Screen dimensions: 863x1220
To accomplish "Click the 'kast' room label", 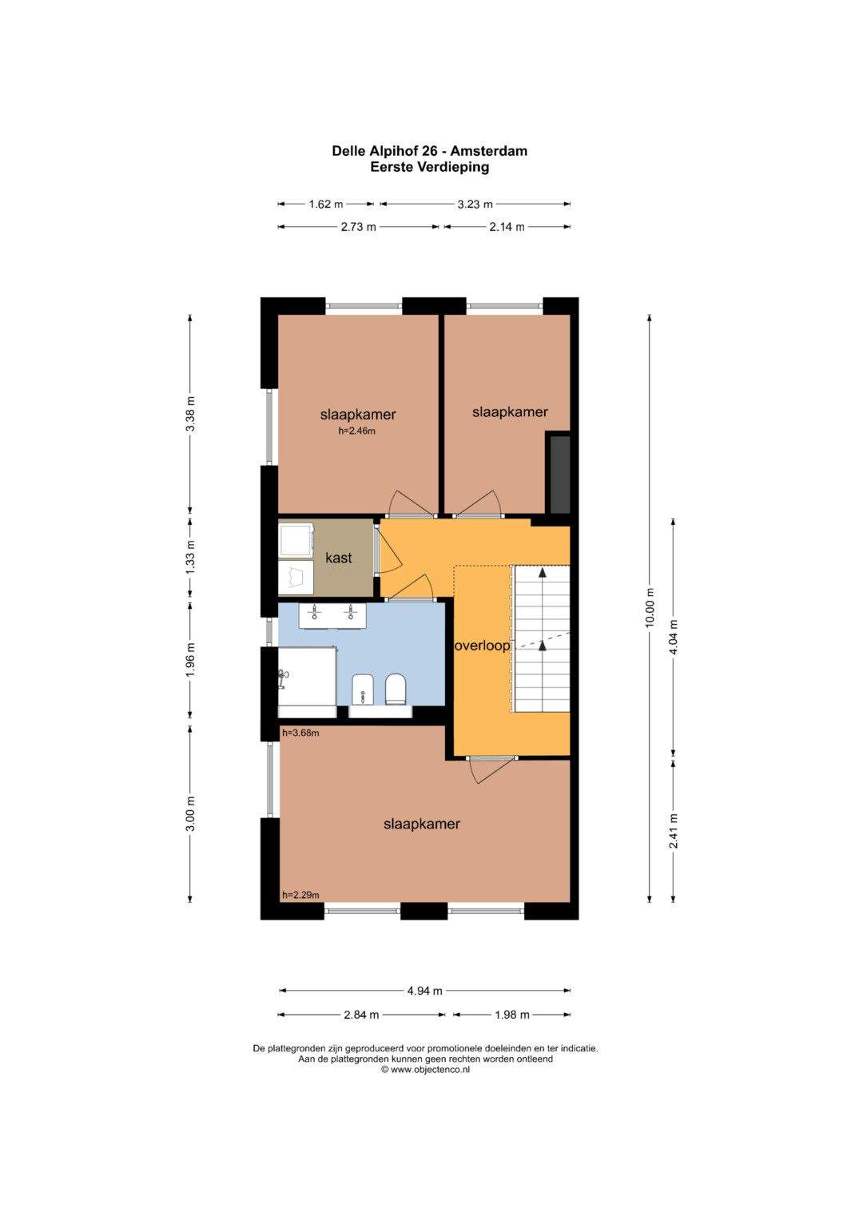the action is (338, 558).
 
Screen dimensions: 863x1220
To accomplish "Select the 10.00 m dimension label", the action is (650, 608).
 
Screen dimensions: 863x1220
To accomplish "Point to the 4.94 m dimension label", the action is (424, 991).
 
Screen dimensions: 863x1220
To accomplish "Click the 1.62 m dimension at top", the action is (326, 205).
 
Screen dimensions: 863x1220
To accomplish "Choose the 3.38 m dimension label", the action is (190, 414).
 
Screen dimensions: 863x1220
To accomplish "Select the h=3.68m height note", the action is (300, 733).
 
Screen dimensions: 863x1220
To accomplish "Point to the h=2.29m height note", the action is (300, 895).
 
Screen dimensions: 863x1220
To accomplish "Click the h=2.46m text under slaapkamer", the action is (357, 431).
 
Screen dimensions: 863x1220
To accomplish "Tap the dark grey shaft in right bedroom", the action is (559, 473).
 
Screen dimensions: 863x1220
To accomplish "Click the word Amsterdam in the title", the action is (488, 151).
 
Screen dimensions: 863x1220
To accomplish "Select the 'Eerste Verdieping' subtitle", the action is (430, 167).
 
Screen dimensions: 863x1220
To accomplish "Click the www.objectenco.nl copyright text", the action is (425, 1069).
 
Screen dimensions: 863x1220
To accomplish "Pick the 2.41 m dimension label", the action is (674, 831).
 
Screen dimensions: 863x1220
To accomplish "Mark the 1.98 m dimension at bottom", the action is (512, 1015).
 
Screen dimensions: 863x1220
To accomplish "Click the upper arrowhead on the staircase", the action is (542, 572).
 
